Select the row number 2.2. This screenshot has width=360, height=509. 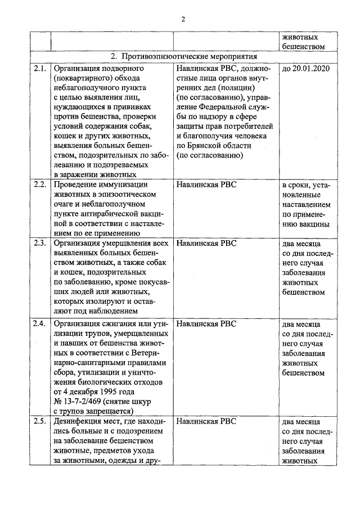(39, 184)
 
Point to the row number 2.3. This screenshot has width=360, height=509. (39, 244)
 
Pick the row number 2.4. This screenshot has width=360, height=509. (39, 324)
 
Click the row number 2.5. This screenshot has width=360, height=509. (39, 421)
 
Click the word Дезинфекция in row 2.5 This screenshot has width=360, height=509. (79, 421)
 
